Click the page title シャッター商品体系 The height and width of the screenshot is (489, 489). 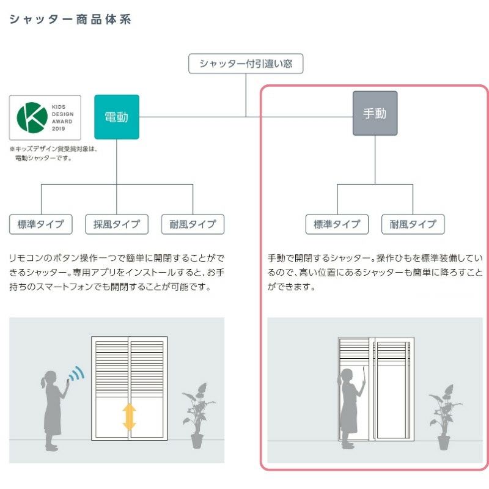[x=70, y=20]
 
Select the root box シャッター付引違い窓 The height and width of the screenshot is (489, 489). [x=246, y=64]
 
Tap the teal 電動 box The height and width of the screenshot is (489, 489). [x=117, y=117]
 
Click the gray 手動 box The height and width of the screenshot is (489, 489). [x=375, y=114]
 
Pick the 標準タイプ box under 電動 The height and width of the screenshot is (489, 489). [x=41, y=224]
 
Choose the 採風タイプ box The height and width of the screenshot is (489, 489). [x=117, y=224]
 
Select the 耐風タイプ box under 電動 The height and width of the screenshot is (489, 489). [x=193, y=224]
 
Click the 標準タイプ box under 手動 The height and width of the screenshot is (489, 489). [x=337, y=224]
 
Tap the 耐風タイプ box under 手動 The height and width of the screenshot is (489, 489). [x=413, y=224]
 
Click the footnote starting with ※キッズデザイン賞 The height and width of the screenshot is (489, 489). [x=53, y=153]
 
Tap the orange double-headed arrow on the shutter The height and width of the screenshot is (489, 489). [x=129, y=416]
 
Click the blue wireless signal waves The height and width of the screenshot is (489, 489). [x=76, y=374]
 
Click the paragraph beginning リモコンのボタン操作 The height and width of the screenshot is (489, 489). [x=116, y=272]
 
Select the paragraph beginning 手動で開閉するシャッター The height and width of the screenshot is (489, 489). [x=375, y=272]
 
